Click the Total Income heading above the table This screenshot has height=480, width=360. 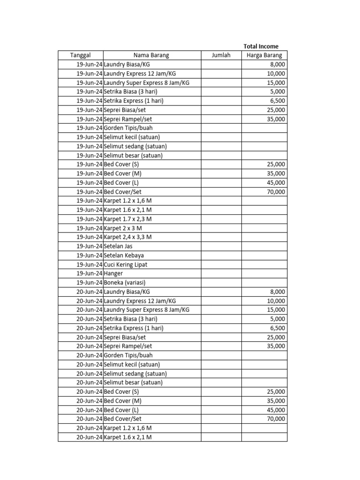(x=261, y=46)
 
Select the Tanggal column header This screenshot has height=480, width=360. (x=80, y=55)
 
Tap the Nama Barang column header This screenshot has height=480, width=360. (x=151, y=55)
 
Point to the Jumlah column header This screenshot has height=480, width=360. (x=221, y=55)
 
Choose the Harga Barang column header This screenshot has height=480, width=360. (x=264, y=55)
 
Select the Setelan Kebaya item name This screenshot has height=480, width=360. (x=124, y=255)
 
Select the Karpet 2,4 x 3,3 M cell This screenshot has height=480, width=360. (x=127, y=237)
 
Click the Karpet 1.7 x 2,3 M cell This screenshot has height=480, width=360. (x=127, y=219)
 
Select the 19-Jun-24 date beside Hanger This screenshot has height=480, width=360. (x=89, y=273)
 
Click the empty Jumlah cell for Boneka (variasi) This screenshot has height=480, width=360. (x=221, y=283)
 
